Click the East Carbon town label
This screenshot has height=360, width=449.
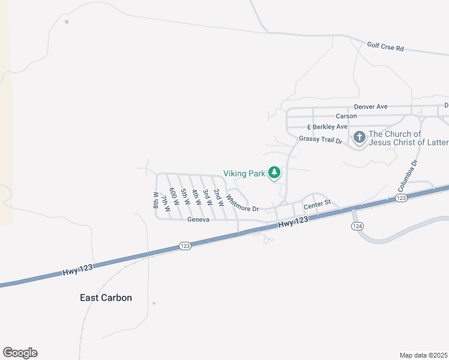coord(106,298)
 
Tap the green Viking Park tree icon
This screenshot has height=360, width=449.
coord(274,173)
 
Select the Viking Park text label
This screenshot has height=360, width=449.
coord(244,173)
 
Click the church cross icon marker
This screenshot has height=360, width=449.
coord(359,138)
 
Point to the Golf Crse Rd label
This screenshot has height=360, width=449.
coord(385,46)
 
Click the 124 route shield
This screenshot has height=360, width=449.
coord(357,226)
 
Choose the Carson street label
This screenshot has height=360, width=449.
coord(346,116)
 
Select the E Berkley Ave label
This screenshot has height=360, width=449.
coord(327,127)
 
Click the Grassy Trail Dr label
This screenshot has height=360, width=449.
coord(320,140)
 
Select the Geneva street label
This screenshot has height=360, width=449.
coord(198,220)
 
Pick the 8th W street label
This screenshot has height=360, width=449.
coord(156,200)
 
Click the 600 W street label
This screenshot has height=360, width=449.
coord(174,197)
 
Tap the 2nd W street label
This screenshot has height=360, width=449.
coord(218,198)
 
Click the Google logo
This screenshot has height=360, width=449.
coord(20,353)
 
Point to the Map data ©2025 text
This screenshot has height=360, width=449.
coord(423,355)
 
